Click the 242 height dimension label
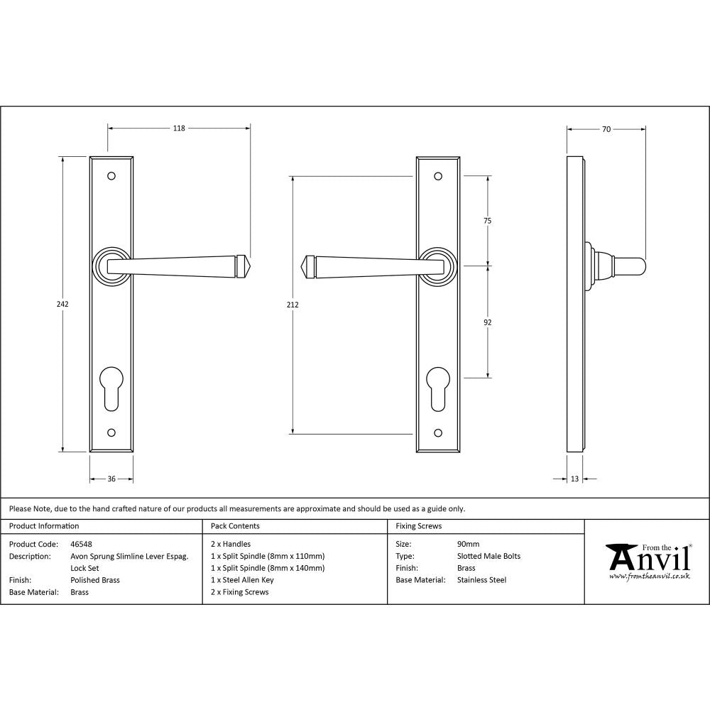[62, 304]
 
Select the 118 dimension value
[179, 129]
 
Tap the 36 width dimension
[111, 479]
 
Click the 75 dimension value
[488, 221]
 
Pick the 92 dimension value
[488, 322]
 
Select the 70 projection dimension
[606, 129]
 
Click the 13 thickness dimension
[574, 479]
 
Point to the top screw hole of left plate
[111, 175]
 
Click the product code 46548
[82, 545]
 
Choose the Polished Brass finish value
[95, 580]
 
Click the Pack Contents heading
[235, 526]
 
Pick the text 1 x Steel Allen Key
[242, 580]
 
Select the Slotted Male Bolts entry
[489, 556]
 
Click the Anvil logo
[648, 561]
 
